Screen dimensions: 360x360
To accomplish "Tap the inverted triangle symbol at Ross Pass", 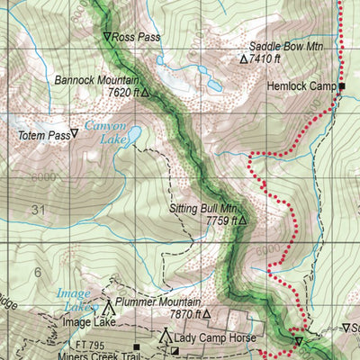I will (107, 38).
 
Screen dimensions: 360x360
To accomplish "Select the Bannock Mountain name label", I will (94, 79).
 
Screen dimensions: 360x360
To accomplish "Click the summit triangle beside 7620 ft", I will (144, 92).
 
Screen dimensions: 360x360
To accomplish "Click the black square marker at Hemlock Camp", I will (342, 86).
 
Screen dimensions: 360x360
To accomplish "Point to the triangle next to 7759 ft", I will (242, 220).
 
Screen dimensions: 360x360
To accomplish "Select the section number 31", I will (37, 210).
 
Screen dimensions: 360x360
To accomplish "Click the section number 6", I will (37, 271).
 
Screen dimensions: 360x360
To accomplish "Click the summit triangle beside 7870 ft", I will (206, 315).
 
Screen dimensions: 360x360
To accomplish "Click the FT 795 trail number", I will (92, 345).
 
